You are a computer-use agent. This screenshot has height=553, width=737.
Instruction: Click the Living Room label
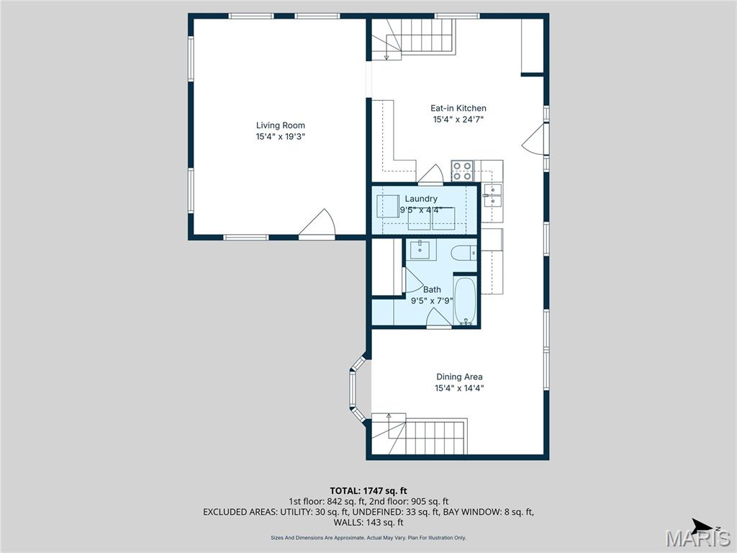[x=276, y=125]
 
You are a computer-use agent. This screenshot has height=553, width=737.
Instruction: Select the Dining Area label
[x=459, y=377]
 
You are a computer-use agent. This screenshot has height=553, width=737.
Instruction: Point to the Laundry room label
[x=421, y=199]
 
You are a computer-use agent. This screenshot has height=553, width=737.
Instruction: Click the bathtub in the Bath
[x=466, y=302]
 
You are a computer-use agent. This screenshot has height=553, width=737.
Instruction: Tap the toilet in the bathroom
[x=464, y=252]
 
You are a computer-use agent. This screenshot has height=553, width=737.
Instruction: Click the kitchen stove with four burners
[x=461, y=171]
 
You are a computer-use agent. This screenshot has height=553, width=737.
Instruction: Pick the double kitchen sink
[x=493, y=195]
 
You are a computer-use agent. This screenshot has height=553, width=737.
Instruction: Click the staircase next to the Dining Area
[x=425, y=436]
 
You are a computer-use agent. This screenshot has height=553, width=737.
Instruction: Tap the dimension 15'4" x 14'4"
[x=459, y=388]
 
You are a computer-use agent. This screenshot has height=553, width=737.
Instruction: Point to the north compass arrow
[x=702, y=525]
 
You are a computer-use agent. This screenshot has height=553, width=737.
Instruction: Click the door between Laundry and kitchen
[x=430, y=174]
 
